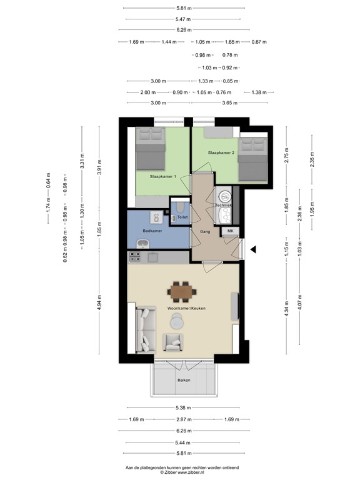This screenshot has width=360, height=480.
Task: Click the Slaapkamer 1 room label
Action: [162, 177]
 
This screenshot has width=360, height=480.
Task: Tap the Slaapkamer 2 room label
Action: [221, 152]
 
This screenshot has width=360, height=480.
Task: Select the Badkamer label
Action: [152, 231]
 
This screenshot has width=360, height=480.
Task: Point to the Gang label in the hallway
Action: [204, 231]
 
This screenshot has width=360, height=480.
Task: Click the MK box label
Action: [230, 231]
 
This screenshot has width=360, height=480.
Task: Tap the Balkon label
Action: [183, 380]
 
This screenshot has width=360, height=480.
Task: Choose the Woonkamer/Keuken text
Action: [182, 309]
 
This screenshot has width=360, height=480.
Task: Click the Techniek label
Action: [223, 205]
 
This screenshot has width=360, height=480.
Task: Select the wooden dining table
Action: [182, 291]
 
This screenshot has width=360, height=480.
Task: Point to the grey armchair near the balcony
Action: [172, 342]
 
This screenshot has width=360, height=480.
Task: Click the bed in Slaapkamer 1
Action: [151, 149]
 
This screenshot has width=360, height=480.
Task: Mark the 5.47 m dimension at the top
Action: [183, 19]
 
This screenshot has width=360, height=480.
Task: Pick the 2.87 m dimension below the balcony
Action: [183, 419]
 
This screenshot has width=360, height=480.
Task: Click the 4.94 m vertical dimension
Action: [99, 309]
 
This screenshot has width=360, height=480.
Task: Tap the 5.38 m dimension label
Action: [183, 408]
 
